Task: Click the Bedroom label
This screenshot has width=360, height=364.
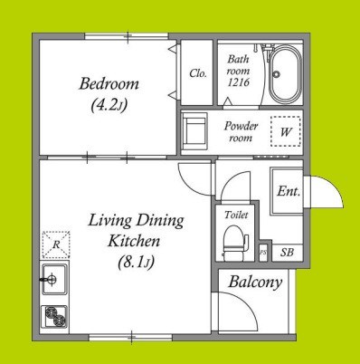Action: pyautogui.click(x=109, y=83)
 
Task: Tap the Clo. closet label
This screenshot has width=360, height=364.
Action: pyautogui.click(x=198, y=73)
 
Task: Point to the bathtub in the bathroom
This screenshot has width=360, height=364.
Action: pyautogui.click(x=285, y=74)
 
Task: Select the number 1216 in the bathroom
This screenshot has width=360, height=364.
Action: pyautogui.click(x=238, y=82)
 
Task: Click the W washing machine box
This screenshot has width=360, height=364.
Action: pyautogui.click(x=286, y=131)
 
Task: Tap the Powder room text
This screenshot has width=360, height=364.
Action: pyautogui.click(x=241, y=131)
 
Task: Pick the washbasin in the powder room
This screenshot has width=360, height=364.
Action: pyautogui.click(x=195, y=131)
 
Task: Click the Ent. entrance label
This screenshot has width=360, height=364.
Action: pyautogui.click(x=289, y=191)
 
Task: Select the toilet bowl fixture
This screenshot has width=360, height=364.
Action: pyautogui.click(x=236, y=242)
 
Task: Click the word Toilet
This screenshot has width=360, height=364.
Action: pyautogui.click(x=236, y=215)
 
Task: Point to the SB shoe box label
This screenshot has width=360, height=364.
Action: pyautogui.click(x=287, y=253)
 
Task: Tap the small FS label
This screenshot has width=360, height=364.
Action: pyautogui.click(x=263, y=253)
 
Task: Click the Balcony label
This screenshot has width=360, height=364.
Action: pyautogui.click(x=255, y=283)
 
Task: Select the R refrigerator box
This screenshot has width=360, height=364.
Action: pyautogui.click(x=56, y=244)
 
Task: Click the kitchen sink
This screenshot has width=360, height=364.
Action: pyautogui.click(x=54, y=279)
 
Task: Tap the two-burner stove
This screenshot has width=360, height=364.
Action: pyautogui.click(x=54, y=316)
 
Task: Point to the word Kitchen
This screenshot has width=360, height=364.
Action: pyautogui.click(x=134, y=241)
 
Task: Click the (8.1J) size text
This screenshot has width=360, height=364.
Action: pyautogui.click(x=136, y=263)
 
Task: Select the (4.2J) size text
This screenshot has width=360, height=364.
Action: pyautogui.click(x=109, y=105)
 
